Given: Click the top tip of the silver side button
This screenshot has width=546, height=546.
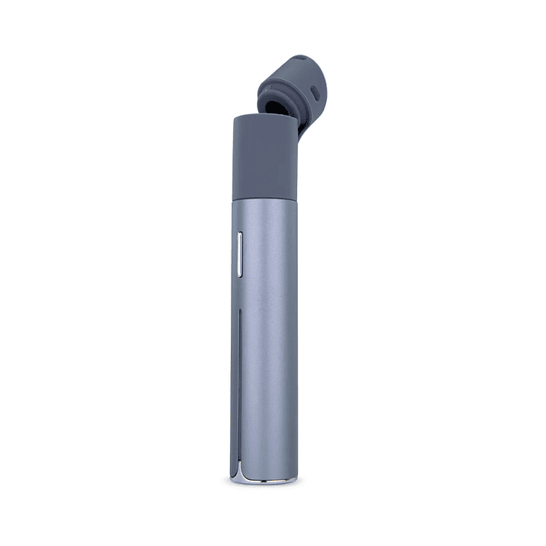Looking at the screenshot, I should tap(240, 235).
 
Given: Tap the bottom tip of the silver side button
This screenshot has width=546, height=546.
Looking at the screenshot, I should tap(240, 274).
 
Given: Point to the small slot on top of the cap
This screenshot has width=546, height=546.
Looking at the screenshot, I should tap(301, 60).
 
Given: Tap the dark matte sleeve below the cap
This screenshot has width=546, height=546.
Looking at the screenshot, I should tap(263, 157).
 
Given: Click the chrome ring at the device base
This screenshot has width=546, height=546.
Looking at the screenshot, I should tap(265, 479).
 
